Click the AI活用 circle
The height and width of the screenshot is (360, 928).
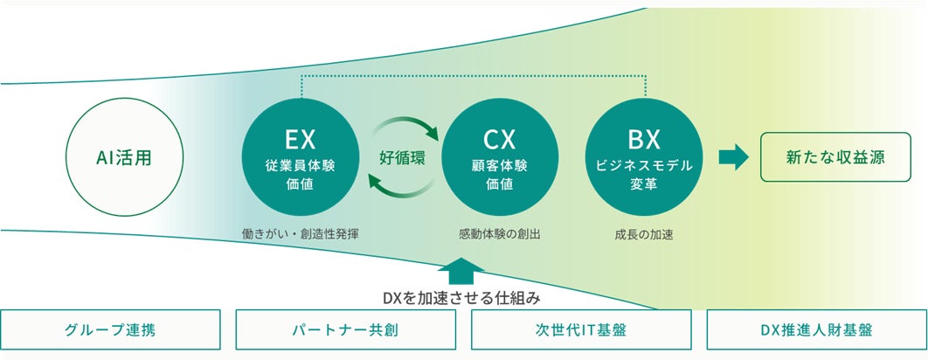pos(124,158)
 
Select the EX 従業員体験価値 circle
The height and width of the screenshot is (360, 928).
pos(299,160)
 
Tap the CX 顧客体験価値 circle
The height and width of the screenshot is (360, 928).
pos(500,160)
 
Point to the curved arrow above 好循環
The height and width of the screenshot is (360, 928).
pos(407,128)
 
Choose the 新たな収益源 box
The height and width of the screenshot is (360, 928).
pos(835,157)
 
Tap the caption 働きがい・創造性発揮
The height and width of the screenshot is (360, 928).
pos(301,234)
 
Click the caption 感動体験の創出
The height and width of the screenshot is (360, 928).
pos(499,234)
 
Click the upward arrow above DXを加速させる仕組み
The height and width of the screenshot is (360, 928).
pos(463,270)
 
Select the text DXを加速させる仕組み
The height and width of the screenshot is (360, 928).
pos(463,297)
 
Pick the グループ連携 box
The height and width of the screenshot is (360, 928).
pos(110,330)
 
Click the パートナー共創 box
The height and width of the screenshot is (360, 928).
pos(346,330)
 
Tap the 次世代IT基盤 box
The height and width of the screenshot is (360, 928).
pos(581,330)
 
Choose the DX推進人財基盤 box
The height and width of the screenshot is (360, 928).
pos(815,330)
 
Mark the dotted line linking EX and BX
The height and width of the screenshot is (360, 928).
pos(472,76)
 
